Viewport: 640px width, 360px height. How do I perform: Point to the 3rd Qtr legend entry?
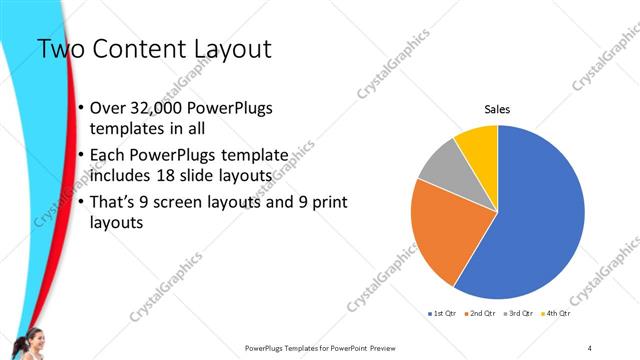(517, 313)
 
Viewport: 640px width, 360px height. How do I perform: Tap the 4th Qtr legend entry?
(555, 313)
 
